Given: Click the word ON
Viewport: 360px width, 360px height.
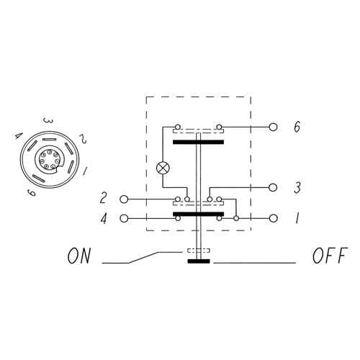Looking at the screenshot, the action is click(x=79, y=256).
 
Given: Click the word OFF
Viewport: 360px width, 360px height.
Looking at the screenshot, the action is click(x=330, y=256).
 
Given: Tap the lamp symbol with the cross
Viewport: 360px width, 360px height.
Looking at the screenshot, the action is click(x=163, y=168).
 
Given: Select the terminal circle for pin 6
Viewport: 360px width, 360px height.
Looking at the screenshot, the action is click(x=273, y=127).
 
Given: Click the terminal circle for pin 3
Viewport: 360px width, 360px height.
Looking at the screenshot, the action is click(x=273, y=187).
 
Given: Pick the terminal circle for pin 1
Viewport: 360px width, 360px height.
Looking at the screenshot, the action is click(x=273, y=218).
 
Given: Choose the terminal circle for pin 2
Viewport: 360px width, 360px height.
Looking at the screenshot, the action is click(x=124, y=199).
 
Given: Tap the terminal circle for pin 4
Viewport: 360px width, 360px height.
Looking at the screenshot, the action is click(x=124, y=218).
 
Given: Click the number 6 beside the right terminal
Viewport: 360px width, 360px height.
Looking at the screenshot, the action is click(x=297, y=127).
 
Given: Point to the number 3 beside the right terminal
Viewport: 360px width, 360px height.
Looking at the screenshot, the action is click(x=297, y=187).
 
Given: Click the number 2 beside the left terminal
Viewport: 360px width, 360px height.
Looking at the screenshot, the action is click(x=103, y=199).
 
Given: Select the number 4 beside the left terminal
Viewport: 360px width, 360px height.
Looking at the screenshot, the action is click(x=104, y=218).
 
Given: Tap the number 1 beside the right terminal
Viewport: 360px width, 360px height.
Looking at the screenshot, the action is click(x=297, y=218).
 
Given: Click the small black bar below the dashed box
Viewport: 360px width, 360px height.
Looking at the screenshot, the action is click(x=199, y=261).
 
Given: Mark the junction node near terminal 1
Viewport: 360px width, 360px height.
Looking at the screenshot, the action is click(x=236, y=218).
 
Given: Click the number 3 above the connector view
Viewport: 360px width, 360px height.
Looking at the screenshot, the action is click(x=48, y=121).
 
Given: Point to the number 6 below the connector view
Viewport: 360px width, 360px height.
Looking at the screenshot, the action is click(x=31, y=192).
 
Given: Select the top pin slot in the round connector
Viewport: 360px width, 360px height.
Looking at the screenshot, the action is click(x=49, y=140).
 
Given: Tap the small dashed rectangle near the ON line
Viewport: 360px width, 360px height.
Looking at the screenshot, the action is click(x=199, y=251).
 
